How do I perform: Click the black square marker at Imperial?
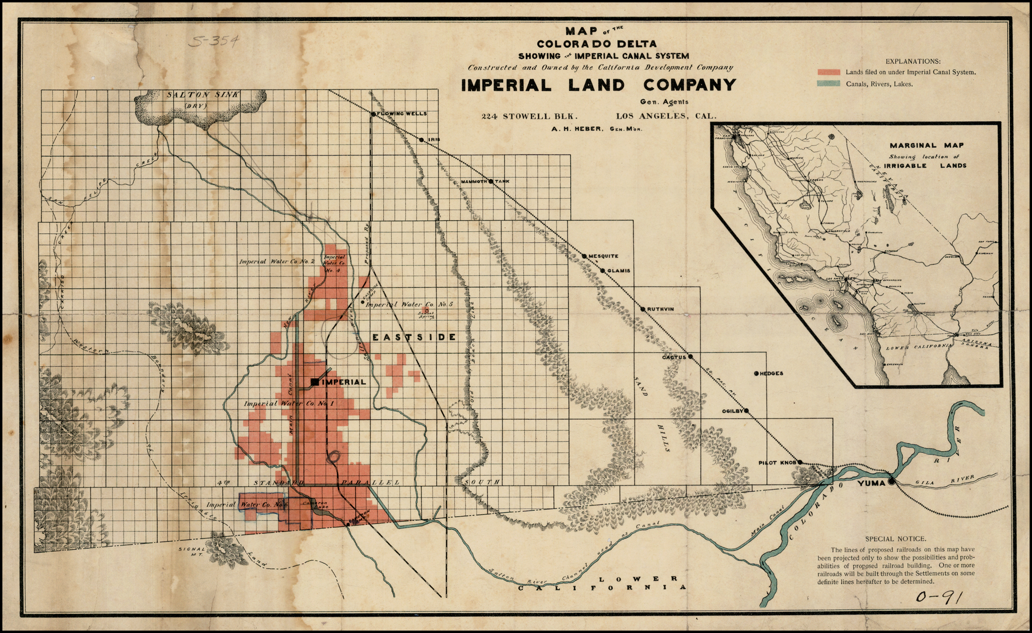pos(315,382)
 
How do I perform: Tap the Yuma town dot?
pos(891,481)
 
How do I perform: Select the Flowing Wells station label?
pos(402,113)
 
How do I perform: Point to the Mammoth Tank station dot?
pos(490,181)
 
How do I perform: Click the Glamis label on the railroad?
pos(618,271)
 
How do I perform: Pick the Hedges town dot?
pos(756,373)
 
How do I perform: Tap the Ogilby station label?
pos(732,411)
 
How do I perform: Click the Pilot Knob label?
pos(777,463)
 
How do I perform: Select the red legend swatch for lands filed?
pos(829,72)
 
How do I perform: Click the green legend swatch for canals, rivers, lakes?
pos(829,84)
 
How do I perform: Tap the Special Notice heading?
pos(895,539)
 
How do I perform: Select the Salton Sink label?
pos(202,95)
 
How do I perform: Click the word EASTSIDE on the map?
pos(414,337)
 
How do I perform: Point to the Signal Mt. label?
pos(192,551)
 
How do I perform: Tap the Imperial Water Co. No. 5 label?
pos(409,304)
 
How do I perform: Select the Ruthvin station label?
pos(660,309)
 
